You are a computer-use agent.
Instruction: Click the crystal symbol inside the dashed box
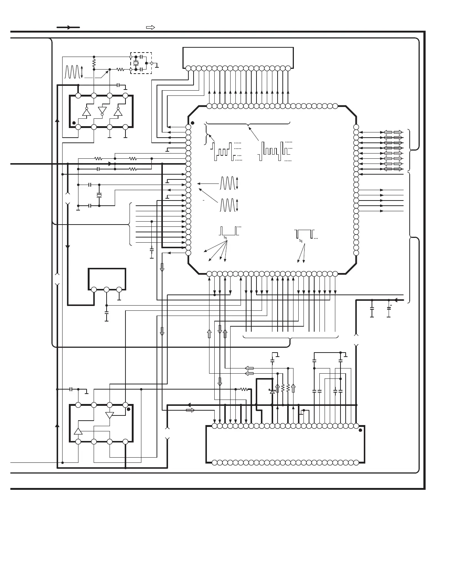click(136, 63)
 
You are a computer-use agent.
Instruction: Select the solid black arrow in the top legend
click(68, 27)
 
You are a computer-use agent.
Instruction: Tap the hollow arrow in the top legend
click(150, 27)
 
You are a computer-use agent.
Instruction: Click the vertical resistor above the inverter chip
click(94, 63)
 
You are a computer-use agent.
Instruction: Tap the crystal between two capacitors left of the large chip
click(99, 195)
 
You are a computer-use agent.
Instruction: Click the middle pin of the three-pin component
click(107, 290)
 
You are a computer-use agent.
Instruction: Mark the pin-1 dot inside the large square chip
click(192, 122)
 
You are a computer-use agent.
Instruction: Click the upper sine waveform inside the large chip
click(227, 183)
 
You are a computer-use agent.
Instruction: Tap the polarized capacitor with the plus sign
click(389, 308)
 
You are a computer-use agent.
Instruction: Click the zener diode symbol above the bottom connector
click(272, 391)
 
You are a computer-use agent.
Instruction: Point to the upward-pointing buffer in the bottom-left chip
click(78, 431)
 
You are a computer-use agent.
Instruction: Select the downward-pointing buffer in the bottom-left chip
click(110, 415)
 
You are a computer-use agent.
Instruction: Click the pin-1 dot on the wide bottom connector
click(360, 430)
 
